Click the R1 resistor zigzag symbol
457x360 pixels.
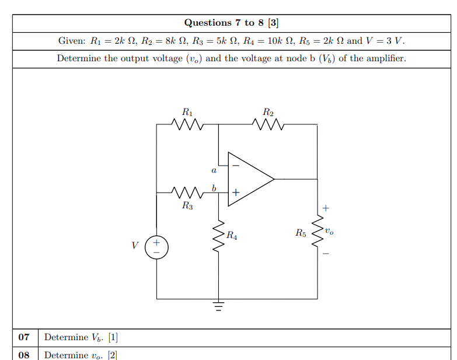click(187, 124)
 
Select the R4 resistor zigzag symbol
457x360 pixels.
click(219, 237)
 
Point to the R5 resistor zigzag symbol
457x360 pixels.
click(318, 232)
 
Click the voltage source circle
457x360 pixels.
click(156, 246)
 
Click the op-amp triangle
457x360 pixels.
click(249, 179)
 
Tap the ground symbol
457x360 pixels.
click(219, 305)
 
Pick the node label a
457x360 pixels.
click(214, 171)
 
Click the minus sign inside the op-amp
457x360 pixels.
click(236, 165)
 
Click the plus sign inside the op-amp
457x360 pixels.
click(236, 191)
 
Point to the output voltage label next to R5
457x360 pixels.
click(330, 231)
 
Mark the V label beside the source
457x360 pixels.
click(135, 246)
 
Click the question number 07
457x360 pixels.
click(24, 337)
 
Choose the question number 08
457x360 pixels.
click(24, 355)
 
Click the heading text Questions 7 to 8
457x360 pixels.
click(231, 23)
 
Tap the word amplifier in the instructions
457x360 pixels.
click(385, 58)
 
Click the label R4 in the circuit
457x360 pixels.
click(232, 236)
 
